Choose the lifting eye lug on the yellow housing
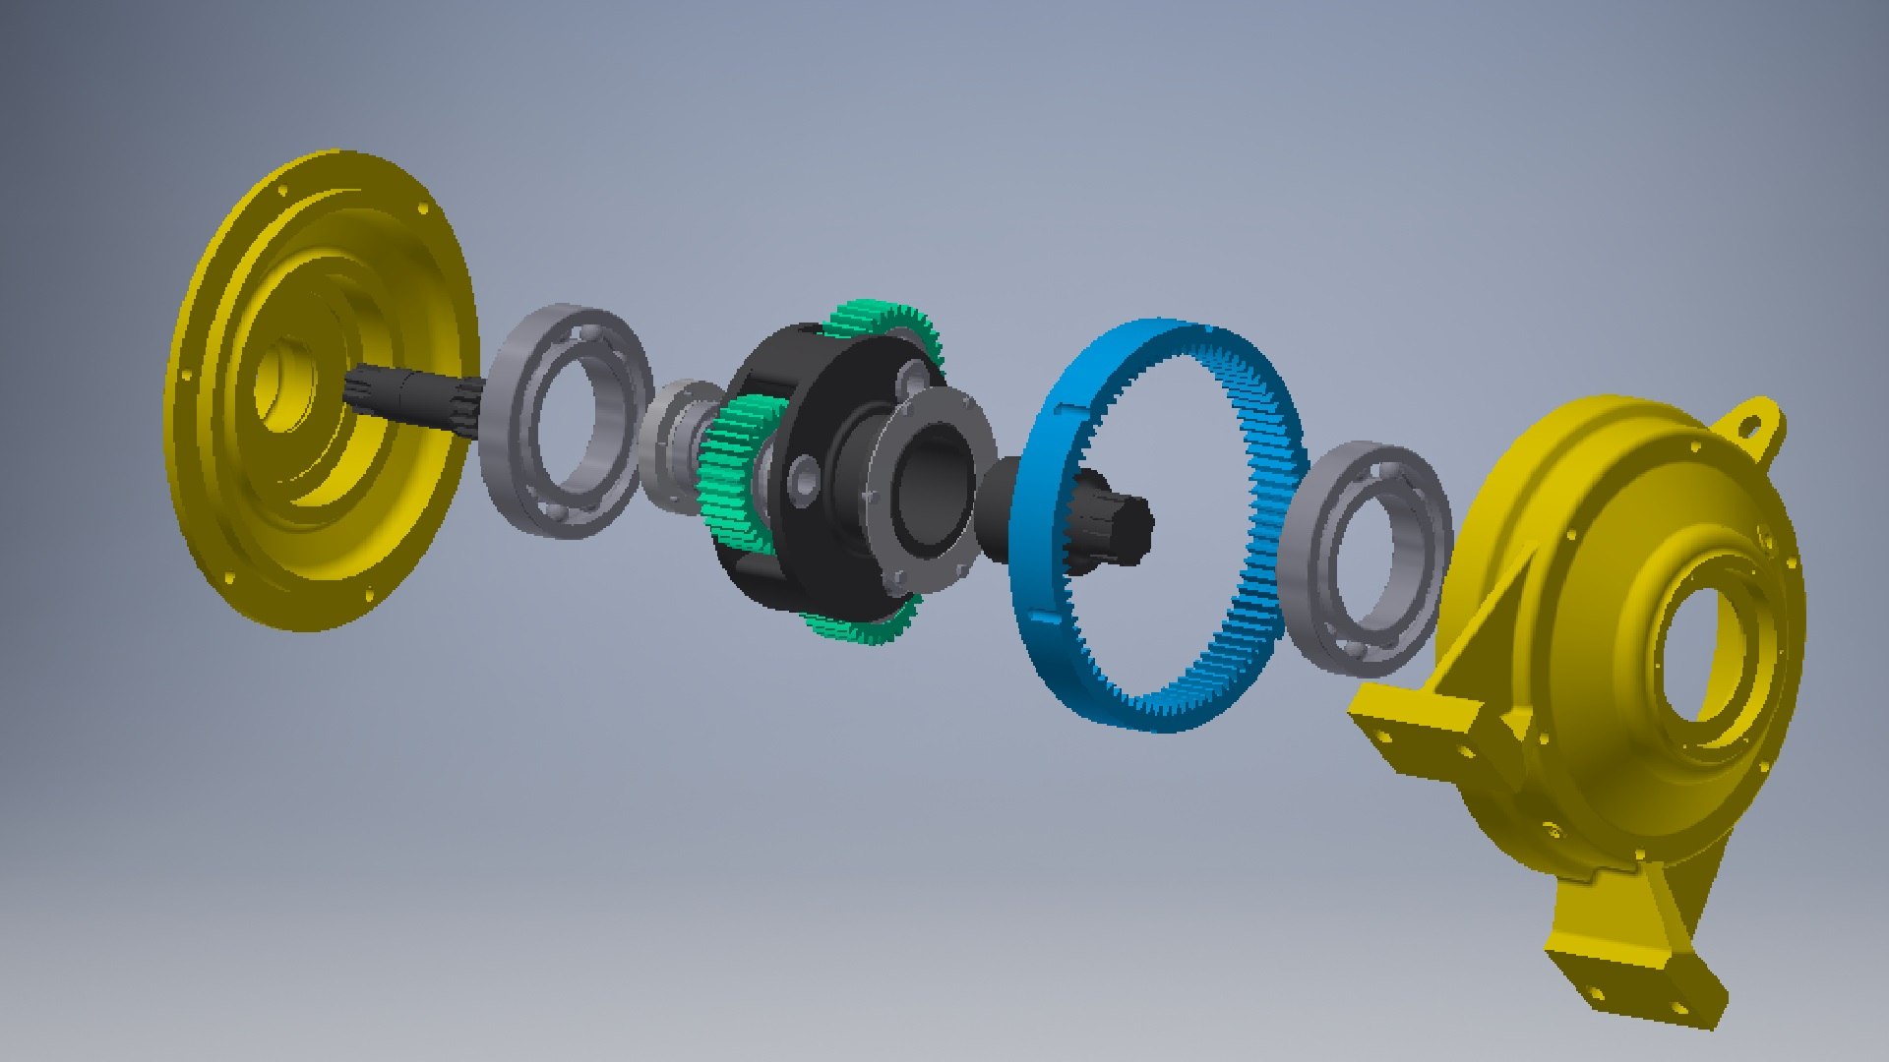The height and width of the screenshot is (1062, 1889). pyautogui.click(x=1751, y=423)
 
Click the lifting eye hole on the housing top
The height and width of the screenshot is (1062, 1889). pyautogui.click(x=1751, y=426)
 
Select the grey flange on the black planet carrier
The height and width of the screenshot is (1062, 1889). pyautogui.click(x=925, y=492)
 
